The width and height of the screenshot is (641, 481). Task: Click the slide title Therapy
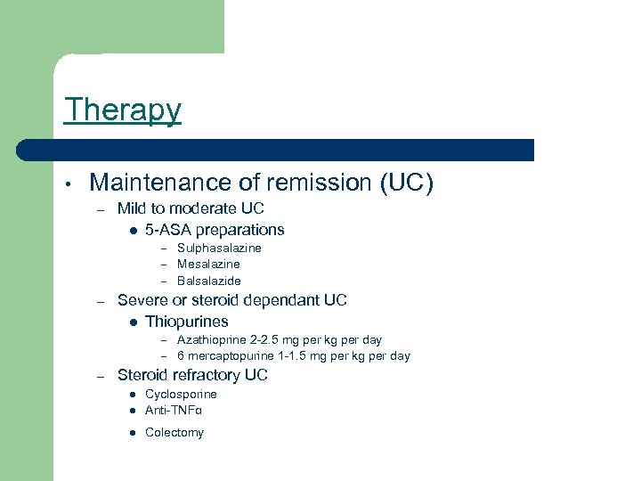click(x=122, y=110)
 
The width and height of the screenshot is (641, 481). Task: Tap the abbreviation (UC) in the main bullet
click(x=406, y=183)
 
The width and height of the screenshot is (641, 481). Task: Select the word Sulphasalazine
click(x=219, y=248)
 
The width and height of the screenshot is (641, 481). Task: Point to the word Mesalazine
click(x=208, y=264)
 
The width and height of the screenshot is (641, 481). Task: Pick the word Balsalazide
click(x=209, y=281)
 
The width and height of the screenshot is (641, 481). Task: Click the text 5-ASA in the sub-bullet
click(x=166, y=229)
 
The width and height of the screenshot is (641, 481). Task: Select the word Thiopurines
click(x=187, y=322)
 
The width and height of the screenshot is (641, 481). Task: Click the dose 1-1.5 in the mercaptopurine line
click(x=297, y=355)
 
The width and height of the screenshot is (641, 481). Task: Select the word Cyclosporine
click(x=181, y=394)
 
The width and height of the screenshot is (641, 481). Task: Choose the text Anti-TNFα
click(x=174, y=411)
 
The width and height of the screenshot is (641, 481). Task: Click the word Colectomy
click(x=174, y=432)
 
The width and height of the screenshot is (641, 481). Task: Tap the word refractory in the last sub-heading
click(x=202, y=375)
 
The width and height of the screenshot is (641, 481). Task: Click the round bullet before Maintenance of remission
click(x=68, y=184)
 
